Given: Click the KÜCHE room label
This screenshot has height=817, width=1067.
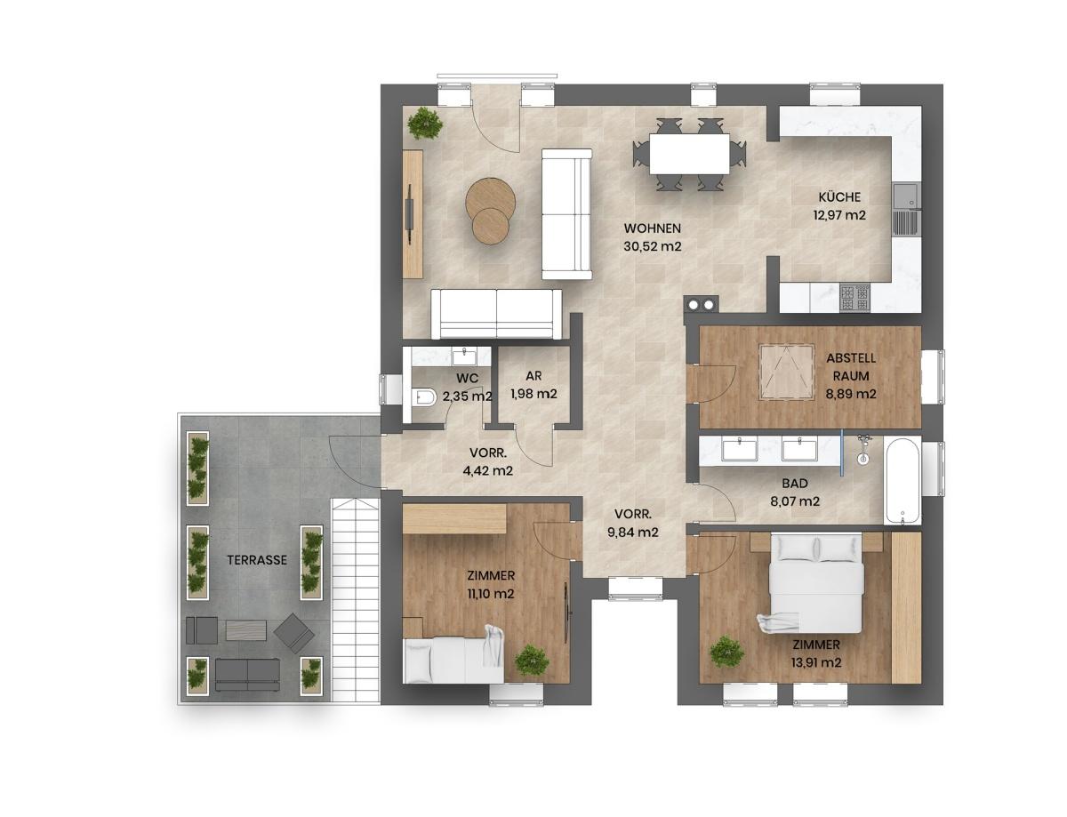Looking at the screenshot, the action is pyautogui.click(x=839, y=197).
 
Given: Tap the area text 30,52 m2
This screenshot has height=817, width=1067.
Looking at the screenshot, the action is pyautogui.click(x=653, y=246).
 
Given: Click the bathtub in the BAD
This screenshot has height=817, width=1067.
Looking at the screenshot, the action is pyautogui.click(x=902, y=480).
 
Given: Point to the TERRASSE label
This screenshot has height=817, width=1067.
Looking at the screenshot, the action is pyautogui.click(x=257, y=560).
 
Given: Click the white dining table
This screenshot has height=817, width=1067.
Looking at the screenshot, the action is pyautogui.click(x=689, y=154).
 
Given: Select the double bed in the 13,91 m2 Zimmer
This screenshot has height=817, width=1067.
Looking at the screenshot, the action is pyautogui.click(x=816, y=584).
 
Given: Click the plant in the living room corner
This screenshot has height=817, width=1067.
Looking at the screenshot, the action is pyautogui.click(x=425, y=124).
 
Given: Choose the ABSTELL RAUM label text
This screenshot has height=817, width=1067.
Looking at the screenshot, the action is pyautogui.click(x=851, y=367).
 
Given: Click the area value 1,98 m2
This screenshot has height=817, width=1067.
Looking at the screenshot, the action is pyautogui.click(x=533, y=394).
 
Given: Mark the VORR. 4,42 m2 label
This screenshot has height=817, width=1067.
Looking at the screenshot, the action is pyautogui.click(x=487, y=461).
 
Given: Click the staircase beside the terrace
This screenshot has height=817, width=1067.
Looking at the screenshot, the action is pyautogui.click(x=356, y=599).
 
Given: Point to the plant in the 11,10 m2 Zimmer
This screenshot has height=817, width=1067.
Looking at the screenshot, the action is pyautogui.click(x=533, y=659).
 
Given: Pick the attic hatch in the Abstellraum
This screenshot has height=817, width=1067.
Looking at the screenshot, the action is pyautogui.click(x=787, y=371).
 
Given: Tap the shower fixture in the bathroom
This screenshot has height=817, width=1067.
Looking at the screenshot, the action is pyautogui.click(x=863, y=450).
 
